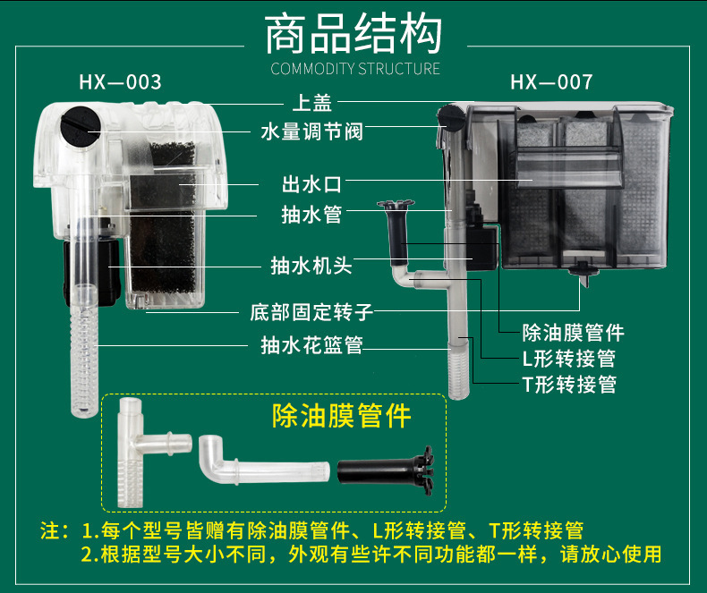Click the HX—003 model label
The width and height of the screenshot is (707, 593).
tap(121, 82)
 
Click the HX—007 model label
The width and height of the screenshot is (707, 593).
tap(551, 82)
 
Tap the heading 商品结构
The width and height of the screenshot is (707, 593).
tap(353, 34)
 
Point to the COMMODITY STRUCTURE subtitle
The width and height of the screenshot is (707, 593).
tap(355, 69)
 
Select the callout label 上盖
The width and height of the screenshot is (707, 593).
tap(312, 103)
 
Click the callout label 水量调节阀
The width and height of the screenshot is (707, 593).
tap(312, 131)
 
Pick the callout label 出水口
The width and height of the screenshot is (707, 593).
tap(312, 184)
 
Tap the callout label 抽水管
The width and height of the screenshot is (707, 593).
tap(312, 214)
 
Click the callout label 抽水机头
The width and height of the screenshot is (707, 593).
tap(311, 266)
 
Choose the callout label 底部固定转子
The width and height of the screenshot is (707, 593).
tap(311, 312)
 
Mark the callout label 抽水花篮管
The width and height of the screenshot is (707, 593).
tap(312, 345)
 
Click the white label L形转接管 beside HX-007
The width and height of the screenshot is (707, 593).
tap(569, 359)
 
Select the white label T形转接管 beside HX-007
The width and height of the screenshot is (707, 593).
tap(569, 385)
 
